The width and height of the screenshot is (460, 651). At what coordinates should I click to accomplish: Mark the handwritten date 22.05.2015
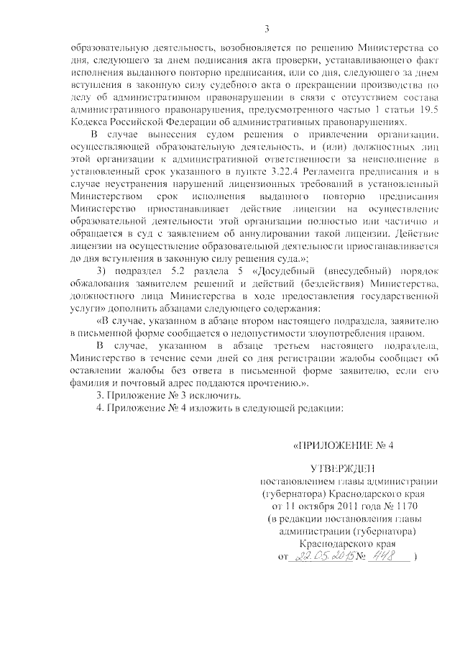tap(321, 557)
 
